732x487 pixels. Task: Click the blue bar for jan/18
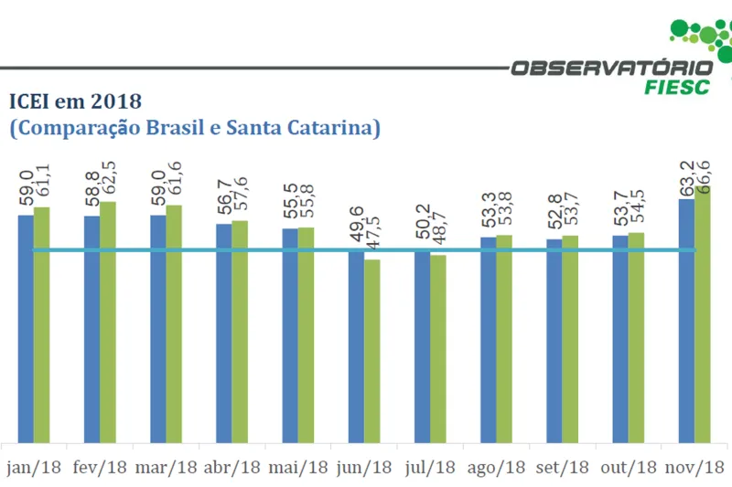pos(26,329)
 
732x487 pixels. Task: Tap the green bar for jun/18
pos(371,352)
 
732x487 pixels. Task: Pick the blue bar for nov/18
pos(686,320)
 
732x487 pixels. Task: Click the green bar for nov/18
pos(703,315)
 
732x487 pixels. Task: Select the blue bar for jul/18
pos(422,347)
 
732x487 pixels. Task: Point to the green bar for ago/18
pos(504,339)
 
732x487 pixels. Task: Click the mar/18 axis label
pos(166,468)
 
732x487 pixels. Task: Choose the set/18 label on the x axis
pos(562,468)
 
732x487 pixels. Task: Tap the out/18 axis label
pos(629,468)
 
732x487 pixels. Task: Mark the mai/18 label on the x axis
pos(298,468)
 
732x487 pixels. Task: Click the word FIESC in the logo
pos(677,87)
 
